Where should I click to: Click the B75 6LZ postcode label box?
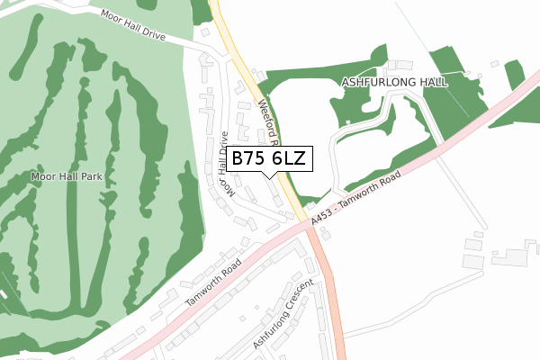271,158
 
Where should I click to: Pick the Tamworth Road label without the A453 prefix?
214,284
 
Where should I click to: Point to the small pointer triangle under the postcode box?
271,175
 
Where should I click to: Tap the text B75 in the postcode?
249,158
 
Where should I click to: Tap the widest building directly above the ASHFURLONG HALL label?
400,66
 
